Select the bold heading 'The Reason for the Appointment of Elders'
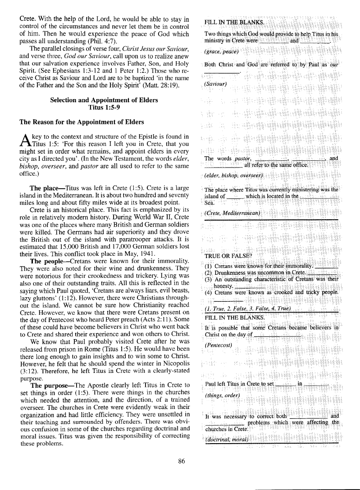pos(82,122)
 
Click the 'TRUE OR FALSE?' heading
pos(228,257)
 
